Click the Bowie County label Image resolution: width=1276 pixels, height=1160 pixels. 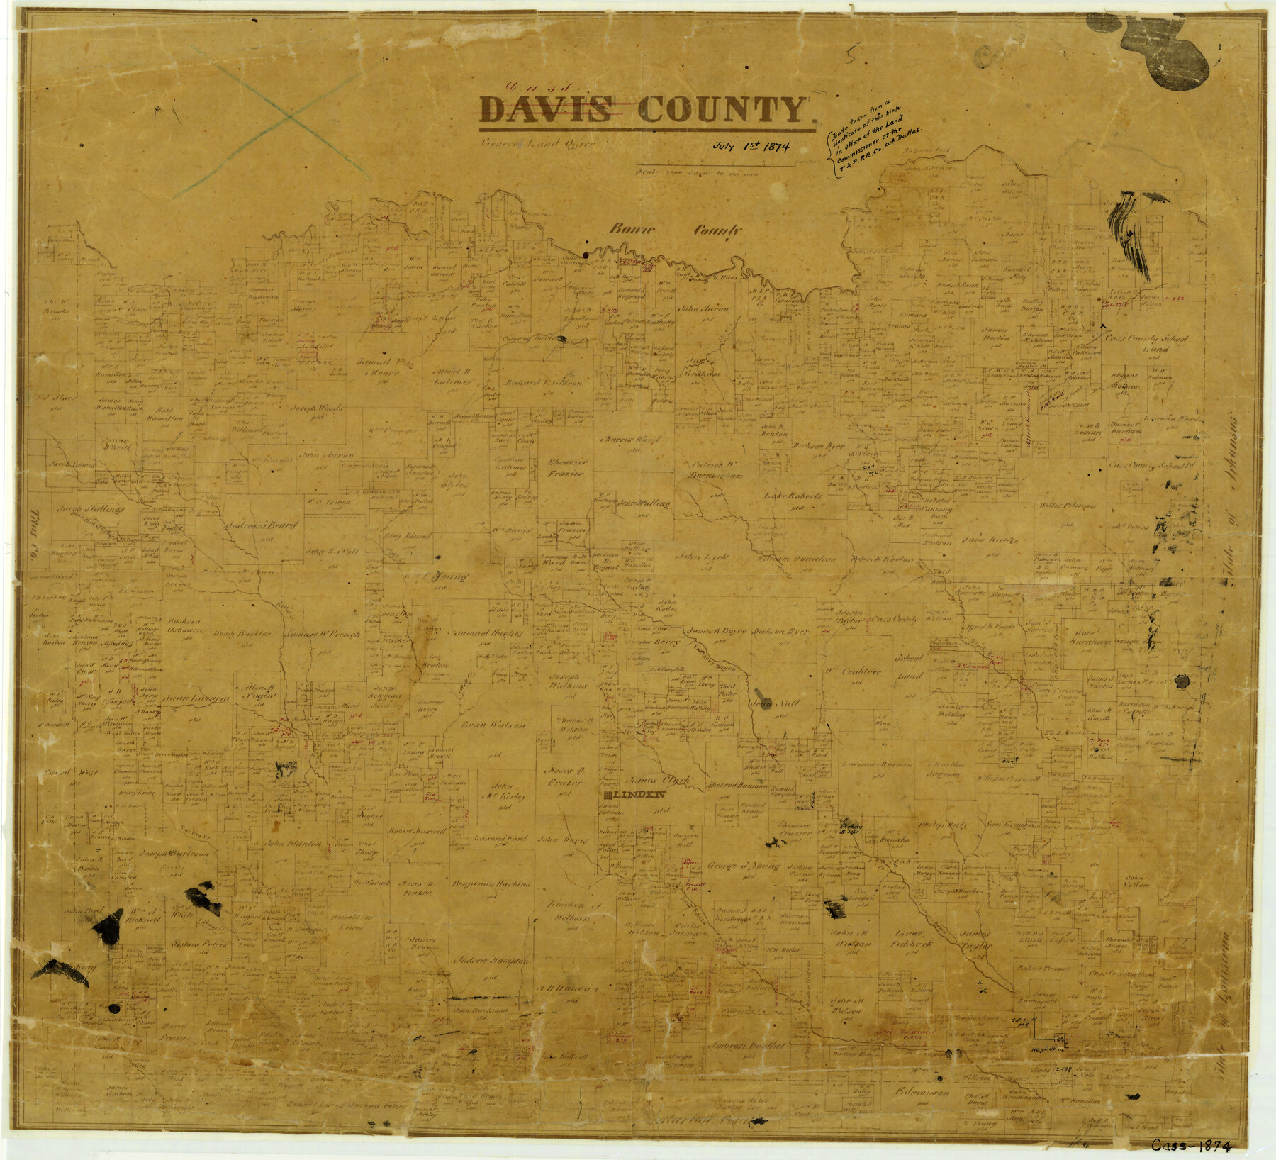(x=673, y=230)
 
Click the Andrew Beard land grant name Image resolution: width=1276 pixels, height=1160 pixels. (x=261, y=526)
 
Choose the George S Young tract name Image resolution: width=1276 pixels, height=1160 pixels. (x=743, y=866)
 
